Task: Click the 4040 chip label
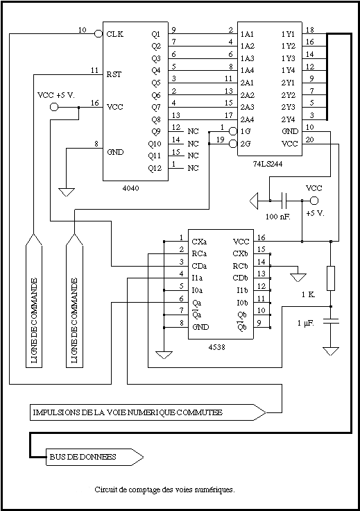click(x=131, y=188)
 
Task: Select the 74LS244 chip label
click(x=268, y=164)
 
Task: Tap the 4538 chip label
click(x=217, y=347)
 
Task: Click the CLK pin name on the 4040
click(x=115, y=34)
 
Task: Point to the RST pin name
click(x=114, y=74)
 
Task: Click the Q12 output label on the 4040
click(x=155, y=169)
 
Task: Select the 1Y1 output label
click(x=288, y=34)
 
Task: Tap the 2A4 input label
click(x=247, y=119)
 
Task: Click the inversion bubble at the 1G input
click(x=233, y=131)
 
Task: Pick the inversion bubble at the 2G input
click(x=233, y=144)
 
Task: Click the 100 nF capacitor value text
click(x=278, y=217)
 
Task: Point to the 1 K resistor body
click(x=331, y=278)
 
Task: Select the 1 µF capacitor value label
click(x=306, y=324)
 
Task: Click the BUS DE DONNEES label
click(x=83, y=457)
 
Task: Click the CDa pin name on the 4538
click(x=199, y=266)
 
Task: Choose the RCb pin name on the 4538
click(x=240, y=266)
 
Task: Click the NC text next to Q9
click(x=193, y=131)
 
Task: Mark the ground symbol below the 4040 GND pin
click(x=67, y=192)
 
